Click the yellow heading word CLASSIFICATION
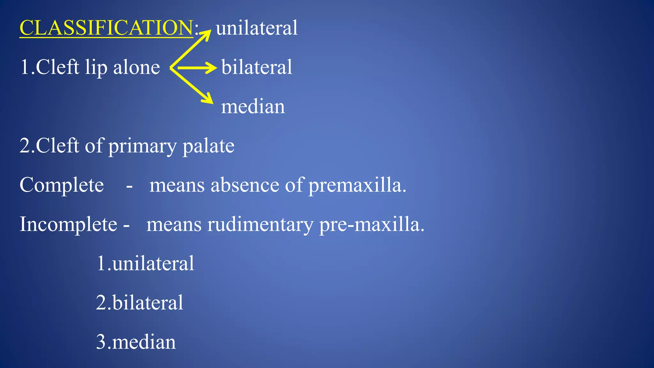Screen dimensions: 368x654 [106, 28]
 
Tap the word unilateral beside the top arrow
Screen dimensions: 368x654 [256, 28]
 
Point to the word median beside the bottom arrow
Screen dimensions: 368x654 [253, 107]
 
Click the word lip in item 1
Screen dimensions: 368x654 [96, 68]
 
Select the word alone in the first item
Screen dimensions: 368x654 [136, 68]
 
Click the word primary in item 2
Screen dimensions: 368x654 [142, 146]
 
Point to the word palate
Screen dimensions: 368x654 [208, 146]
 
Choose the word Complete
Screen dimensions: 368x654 [62, 185]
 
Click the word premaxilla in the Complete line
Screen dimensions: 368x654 [357, 185]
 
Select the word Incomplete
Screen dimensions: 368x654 [68, 225]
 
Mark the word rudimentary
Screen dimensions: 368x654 [260, 225]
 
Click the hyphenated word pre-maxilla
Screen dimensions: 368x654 [371, 225]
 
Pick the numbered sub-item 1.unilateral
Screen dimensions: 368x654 [145, 264]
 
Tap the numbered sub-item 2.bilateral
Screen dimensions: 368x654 [140, 303]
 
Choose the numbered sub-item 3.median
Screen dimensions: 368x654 [136, 342]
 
